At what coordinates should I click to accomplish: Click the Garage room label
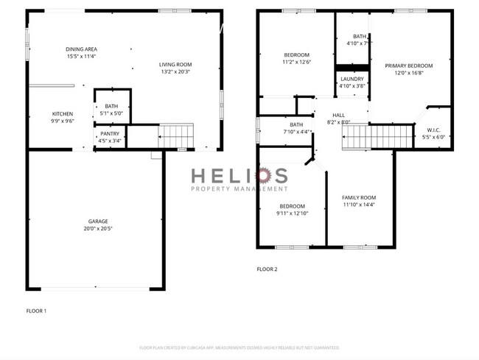pos(99,221)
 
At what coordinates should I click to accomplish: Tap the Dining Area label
pos(81,49)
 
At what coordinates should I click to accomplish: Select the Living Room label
pos(176,64)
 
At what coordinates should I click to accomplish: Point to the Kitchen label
pos(63,113)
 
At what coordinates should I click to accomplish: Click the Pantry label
pos(110,133)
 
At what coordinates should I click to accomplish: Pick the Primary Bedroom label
pos(408,66)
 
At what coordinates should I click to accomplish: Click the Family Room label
pos(359,197)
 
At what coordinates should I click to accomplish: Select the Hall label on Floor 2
pos(338,115)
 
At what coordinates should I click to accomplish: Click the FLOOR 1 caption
pos(36,311)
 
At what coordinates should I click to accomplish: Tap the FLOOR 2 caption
pos(267,269)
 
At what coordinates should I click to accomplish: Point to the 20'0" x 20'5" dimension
pos(99,228)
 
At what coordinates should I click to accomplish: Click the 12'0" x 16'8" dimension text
pos(408,73)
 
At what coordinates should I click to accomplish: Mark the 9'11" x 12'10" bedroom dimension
pos(292,213)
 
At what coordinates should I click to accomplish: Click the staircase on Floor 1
pos(176,136)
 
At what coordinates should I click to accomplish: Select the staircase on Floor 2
pos(378,136)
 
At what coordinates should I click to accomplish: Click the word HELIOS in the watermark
pos(239,175)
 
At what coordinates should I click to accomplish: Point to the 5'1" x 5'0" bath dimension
pos(111,113)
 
